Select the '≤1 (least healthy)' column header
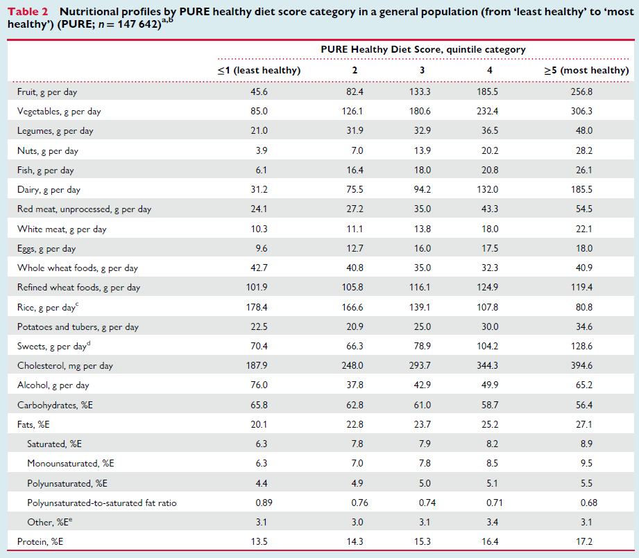point(259,71)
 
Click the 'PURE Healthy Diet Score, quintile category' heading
point(423,50)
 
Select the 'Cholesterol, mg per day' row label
point(65,365)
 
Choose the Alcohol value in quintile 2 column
point(355,385)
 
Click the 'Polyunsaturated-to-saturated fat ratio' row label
point(101,503)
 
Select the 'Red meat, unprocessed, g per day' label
point(84,209)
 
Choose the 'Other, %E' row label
point(49,522)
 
